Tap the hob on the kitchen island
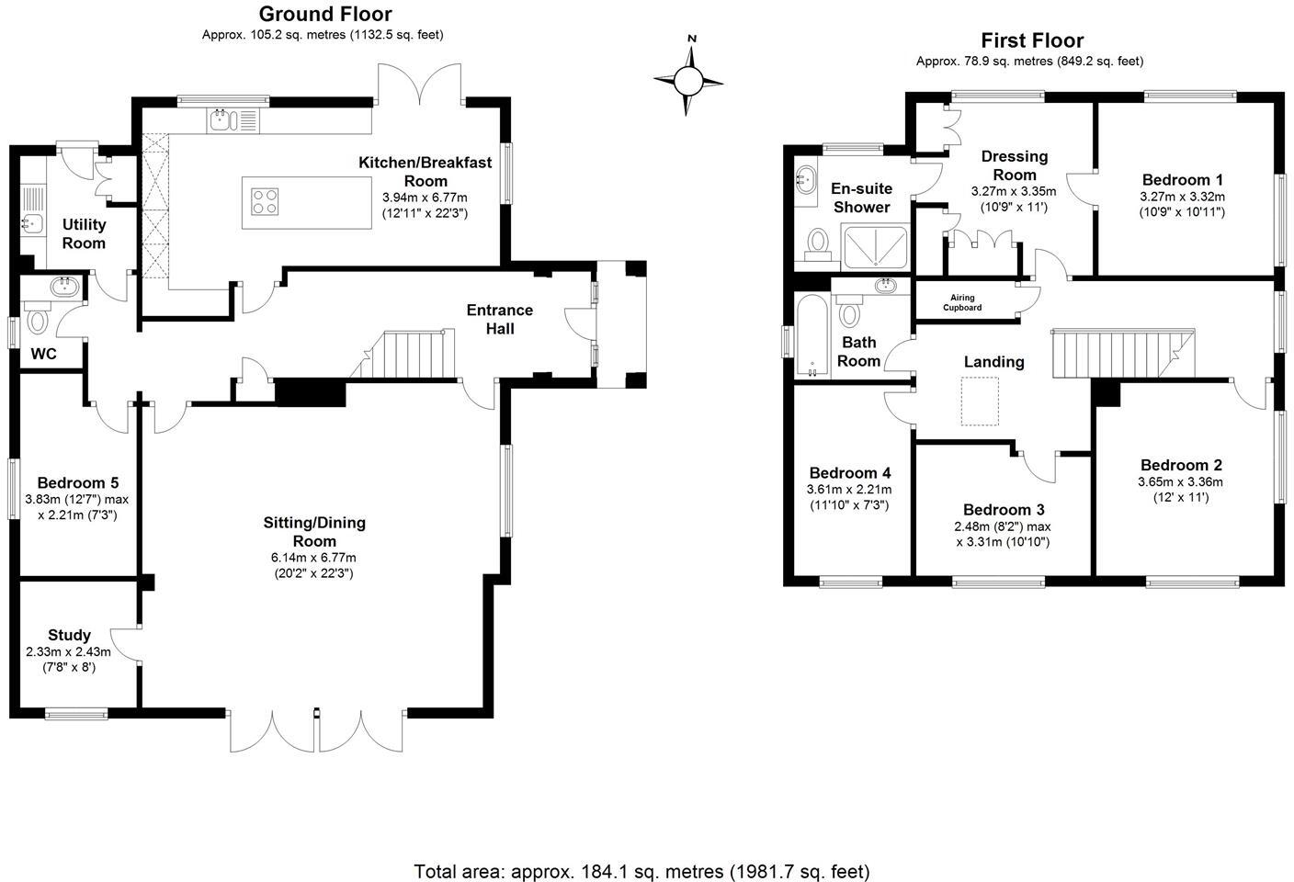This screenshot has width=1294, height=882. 265,201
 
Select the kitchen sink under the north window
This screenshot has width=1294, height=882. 224,119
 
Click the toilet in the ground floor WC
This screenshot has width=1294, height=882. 39,320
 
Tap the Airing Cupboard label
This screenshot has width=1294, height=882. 962,303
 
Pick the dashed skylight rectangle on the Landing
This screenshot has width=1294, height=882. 980,403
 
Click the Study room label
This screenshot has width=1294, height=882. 69,635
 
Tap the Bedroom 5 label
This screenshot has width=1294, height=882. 77,483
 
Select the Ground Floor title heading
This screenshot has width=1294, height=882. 324,14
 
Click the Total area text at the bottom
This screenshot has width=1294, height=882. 641,871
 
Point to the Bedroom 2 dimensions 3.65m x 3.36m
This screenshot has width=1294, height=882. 1180,481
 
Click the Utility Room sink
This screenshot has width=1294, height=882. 31,223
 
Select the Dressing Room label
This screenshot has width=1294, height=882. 1014,165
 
